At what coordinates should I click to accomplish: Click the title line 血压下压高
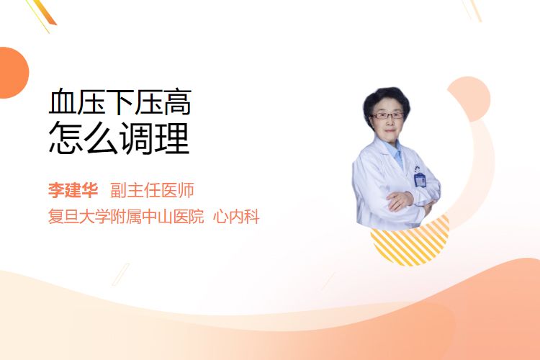(x=120, y=102)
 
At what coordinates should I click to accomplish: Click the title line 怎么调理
(x=119, y=138)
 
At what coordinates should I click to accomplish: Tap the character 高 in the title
(x=177, y=102)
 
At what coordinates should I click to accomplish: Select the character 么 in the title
(x=102, y=138)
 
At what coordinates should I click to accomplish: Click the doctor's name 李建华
(x=73, y=190)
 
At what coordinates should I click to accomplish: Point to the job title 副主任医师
(x=152, y=190)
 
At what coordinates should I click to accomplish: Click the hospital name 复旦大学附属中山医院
(x=126, y=216)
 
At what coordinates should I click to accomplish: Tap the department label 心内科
(x=236, y=216)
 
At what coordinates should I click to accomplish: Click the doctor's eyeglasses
(x=387, y=115)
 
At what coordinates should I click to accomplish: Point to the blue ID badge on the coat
(x=420, y=179)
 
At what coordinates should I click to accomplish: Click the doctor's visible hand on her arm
(x=400, y=201)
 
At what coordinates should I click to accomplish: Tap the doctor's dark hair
(x=386, y=101)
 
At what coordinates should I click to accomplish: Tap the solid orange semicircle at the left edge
(x=13, y=73)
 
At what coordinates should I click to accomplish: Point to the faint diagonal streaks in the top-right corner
(x=472, y=10)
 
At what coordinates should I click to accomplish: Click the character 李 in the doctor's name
(x=56, y=190)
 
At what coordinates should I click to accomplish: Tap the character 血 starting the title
(x=63, y=102)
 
